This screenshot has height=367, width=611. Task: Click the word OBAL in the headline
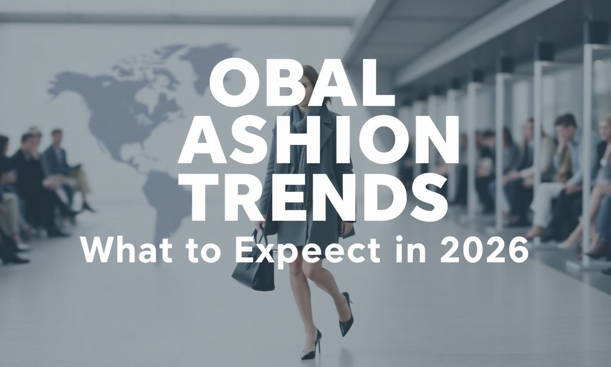(302, 82)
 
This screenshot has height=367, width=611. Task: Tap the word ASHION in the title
(318, 139)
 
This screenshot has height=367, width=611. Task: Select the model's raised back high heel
(346, 314)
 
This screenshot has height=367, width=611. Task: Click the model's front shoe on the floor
(311, 345)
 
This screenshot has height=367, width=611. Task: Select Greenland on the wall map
(207, 63)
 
